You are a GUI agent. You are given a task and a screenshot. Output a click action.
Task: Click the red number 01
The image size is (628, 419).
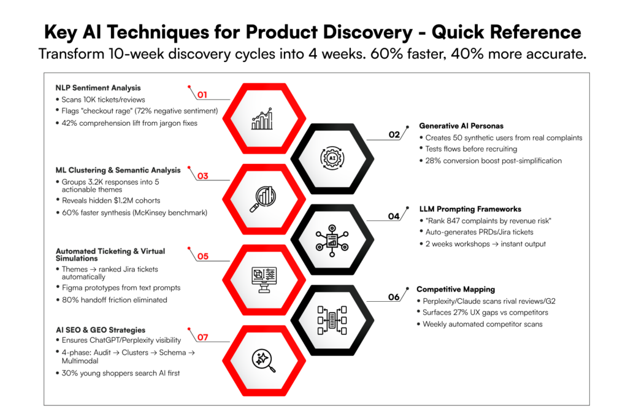[x=202, y=94]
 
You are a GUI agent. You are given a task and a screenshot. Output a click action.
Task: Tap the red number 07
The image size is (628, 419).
[x=202, y=337]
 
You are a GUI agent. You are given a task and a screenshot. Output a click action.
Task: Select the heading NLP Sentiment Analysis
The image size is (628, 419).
[x=98, y=88]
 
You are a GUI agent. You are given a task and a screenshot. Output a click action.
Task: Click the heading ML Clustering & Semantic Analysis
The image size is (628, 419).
[x=118, y=170]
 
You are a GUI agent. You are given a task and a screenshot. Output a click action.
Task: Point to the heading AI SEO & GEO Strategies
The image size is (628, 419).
[x=100, y=330]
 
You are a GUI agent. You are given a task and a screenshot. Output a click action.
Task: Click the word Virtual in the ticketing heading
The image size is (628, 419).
[x=153, y=251]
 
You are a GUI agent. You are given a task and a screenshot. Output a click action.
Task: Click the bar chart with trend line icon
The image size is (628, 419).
[x=262, y=119]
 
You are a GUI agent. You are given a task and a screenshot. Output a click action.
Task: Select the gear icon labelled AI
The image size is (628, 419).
[x=332, y=158]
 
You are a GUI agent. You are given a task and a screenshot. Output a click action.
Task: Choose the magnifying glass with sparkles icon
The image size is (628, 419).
[x=264, y=360]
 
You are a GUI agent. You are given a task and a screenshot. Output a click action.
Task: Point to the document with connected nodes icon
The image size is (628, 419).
[x=332, y=239]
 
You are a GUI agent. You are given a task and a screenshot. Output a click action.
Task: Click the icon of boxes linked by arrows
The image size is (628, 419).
[x=332, y=320]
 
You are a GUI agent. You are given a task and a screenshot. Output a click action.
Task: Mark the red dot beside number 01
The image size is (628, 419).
[x=189, y=86]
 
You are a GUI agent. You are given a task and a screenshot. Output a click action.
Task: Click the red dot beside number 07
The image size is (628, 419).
[x=189, y=329]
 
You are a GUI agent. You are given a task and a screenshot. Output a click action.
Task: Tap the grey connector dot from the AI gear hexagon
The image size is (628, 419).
[x=407, y=127]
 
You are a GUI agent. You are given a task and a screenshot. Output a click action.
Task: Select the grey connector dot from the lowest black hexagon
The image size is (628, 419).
[x=407, y=288]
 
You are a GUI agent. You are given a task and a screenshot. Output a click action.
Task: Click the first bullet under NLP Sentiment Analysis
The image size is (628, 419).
[x=58, y=99]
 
